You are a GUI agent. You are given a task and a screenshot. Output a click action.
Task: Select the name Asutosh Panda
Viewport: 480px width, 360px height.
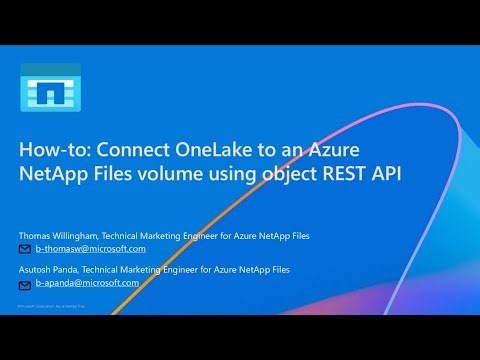54,269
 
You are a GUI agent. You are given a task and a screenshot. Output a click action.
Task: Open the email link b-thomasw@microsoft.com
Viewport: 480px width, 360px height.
91,249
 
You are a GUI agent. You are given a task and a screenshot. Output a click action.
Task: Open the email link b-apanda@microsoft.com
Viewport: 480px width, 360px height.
87,283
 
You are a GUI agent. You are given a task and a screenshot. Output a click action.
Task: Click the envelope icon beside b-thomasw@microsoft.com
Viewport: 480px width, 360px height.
26,249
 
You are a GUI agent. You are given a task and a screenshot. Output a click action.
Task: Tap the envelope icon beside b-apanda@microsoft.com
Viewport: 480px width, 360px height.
26,283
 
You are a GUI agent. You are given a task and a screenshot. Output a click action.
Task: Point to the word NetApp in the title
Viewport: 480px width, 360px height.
54,177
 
